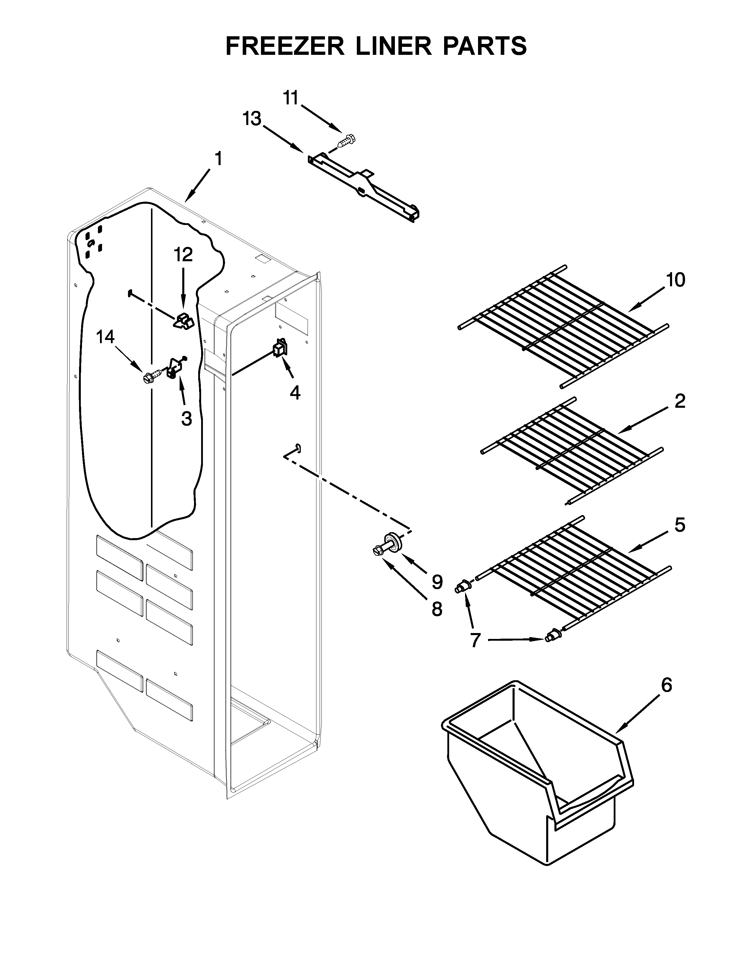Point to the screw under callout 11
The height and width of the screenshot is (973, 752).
coord(346,141)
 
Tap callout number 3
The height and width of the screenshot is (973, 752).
coord(186,418)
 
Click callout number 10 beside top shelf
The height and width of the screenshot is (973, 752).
coord(675,280)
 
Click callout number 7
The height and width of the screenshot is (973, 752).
coord(475,640)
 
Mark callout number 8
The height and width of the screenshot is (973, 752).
coord(436,609)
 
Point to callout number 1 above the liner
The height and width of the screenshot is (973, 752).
coord(218,159)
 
